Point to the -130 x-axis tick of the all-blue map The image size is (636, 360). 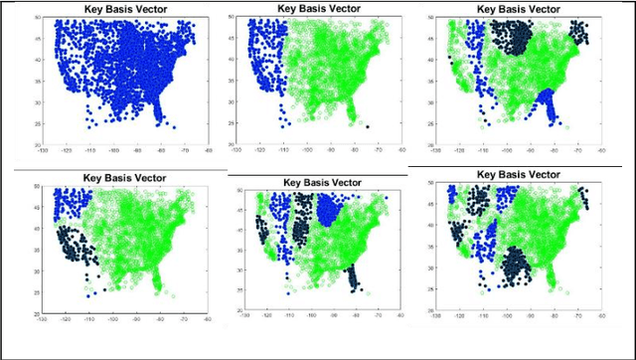pyautogui.click(x=42, y=151)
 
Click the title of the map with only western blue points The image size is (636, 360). pyautogui.click(x=315, y=8)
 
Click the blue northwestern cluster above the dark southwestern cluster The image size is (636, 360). pyautogui.click(x=71, y=204)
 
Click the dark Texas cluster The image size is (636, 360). pyautogui.click(x=518, y=267)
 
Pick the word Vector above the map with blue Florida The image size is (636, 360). pyautogui.click(x=549, y=8)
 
